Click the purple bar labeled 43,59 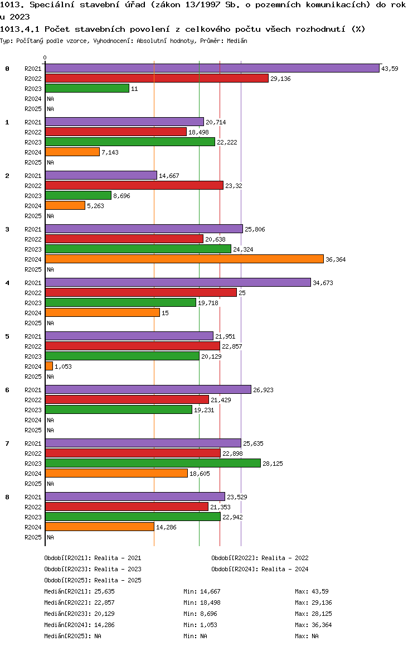212,69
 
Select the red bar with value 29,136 157,78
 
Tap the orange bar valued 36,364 184,259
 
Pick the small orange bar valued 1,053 49,367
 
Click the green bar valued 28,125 153,463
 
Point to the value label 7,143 110,152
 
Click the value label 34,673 323,283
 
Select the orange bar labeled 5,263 65,206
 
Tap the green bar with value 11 87,88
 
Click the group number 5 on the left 7,336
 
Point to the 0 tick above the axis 45,57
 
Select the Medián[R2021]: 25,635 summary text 79,591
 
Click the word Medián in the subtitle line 237,41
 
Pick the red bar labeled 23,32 134,185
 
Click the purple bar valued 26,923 148,389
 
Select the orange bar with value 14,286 100,527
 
